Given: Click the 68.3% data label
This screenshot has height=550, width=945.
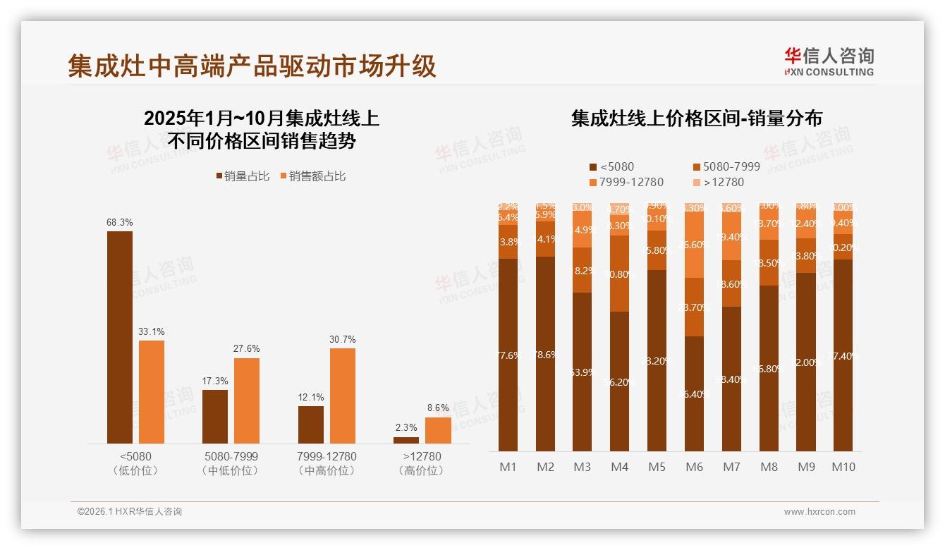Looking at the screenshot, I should point(119,222).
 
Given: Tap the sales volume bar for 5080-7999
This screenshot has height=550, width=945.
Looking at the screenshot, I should point(215,416).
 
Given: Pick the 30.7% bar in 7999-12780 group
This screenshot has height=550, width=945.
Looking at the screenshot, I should point(343,395).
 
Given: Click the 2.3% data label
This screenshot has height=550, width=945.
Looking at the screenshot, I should point(406,427).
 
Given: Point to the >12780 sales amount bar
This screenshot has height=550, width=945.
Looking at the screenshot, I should point(438,430).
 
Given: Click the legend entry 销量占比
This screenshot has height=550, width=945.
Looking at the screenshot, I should point(242,176).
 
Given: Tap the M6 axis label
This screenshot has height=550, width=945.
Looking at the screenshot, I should point(694,467).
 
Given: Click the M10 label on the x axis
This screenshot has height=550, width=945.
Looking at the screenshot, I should point(843,467).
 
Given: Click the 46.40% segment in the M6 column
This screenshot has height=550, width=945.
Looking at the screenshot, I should point(694,393).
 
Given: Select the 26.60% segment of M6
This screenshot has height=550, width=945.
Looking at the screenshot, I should point(694,245).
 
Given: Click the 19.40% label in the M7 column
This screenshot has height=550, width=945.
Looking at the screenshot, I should point(731,237).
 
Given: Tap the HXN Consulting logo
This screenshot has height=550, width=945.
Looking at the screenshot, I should point(829,62).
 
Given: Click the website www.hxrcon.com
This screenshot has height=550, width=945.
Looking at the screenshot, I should point(819,512).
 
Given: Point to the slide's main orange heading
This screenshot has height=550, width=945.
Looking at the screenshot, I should point(252,66).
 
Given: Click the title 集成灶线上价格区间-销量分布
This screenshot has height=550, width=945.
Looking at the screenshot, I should point(696,118).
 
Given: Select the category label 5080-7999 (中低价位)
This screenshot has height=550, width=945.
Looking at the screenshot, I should point(230,463).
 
